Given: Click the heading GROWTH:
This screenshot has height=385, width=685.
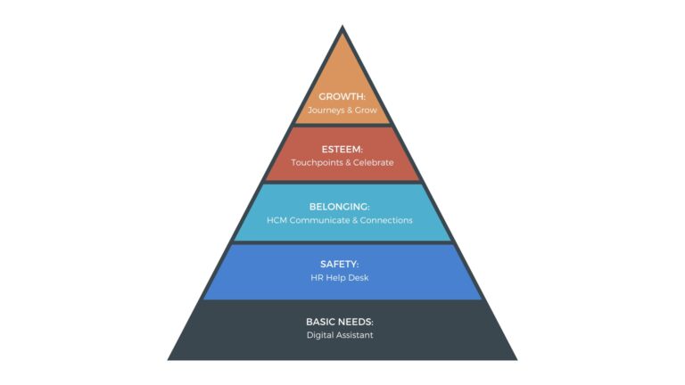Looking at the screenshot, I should click(x=342, y=96).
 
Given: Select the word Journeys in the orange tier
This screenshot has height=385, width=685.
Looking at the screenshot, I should click(x=326, y=111).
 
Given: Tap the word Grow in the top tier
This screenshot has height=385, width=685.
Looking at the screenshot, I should click(x=367, y=111).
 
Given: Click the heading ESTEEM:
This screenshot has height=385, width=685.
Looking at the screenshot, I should click(x=342, y=149).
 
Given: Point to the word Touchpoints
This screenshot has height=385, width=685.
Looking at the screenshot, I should click(x=316, y=163).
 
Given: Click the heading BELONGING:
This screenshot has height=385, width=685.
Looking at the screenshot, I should click(x=342, y=206).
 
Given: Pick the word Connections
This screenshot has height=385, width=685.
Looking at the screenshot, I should click(x=386, y=220).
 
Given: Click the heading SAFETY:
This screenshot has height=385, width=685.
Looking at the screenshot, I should click(x=342, y=264).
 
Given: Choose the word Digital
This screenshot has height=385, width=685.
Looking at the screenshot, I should click(x=321, y=336).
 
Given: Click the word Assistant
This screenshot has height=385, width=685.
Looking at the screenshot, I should click(x=359, y=336).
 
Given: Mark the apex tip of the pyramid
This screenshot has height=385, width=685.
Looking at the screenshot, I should click(x=342, y=28).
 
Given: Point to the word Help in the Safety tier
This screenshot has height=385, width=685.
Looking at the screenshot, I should click(x=339, y=278).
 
